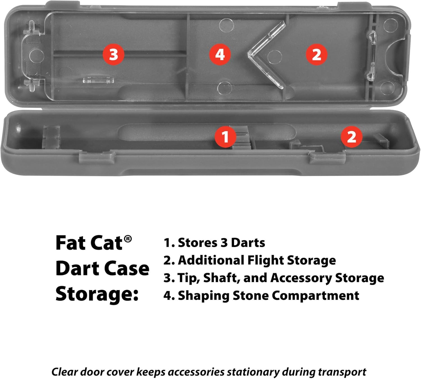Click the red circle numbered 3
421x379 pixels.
click(x=113, y=54)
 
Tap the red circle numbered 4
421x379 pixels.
click(x=220, y=54)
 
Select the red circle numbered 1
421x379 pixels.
click(x=225, y=137)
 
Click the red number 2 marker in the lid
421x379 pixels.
click(x=316, y=54)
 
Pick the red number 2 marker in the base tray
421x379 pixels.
click(x=351, y=137)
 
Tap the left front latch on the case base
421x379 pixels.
click(x=97, y=157)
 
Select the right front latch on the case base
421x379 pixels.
click(x=327, y=157)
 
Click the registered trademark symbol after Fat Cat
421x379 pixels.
click(x=128, y=239)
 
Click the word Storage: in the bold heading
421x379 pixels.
click(x=97, y=294)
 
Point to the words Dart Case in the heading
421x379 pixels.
click(x=102, y=269)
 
